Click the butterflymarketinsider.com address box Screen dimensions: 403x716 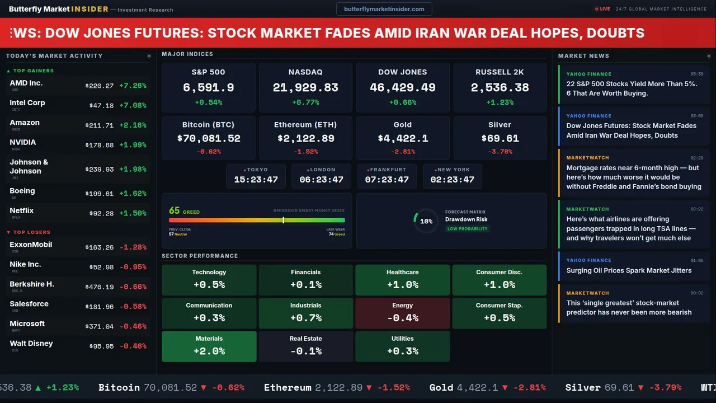pyautogui.click(x=384, y=9)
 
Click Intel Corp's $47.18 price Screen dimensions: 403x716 pyautogui.click(x=101, y=105)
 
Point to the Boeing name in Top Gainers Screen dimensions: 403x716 pyautogui.click(x=22, y=191)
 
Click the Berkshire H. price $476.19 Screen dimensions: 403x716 pyautogui.click(x=100, y=287)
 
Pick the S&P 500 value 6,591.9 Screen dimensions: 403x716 pyautogui.click(x=208, y=88)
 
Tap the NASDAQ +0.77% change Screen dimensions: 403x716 pyautogui.click(x=305, y=102)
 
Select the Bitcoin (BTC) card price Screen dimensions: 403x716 pyautogui.click(x=208, y=138)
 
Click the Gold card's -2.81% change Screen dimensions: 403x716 pyautogui.click(x=402, y=152)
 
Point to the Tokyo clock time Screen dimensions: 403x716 pyautogui.click(x=256, y=180)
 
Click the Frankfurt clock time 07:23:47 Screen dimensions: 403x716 pyautogui.click(x=387, y=180)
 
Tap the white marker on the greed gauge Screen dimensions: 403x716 pyautogui.click(x=284, y=220)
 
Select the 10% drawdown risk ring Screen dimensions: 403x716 pyautogui.click(x=426, y=221)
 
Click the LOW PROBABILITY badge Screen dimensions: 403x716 pyautogui.click(x=467, y=229)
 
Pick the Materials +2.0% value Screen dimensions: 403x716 pyautogui.click(x=209, y=351)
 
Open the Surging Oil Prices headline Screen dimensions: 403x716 pyautogui.click(x=629, y=270)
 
